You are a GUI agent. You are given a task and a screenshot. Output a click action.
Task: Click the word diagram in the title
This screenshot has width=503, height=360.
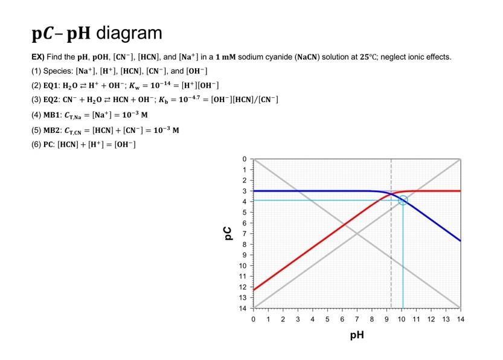pyautogui.click(x=129, y=33)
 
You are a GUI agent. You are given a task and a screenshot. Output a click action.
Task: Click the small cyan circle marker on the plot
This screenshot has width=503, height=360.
pyautogui.click(x=403, y=200)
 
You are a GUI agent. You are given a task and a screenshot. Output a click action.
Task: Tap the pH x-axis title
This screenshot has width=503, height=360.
pyautogui.click(x=357, y=334)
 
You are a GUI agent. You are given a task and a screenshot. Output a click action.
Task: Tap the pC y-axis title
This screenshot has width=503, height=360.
pyautogui.click(x=227, y=233)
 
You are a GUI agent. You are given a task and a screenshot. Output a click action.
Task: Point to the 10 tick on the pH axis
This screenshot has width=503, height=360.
pyautogui.click(x=402, y=318)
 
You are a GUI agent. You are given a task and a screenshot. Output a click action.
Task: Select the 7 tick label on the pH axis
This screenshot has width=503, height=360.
pyautogui.click(x=357, y=318)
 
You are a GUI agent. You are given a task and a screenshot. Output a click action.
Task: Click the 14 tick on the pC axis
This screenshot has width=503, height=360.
pyautogui.click(x=244, y=308)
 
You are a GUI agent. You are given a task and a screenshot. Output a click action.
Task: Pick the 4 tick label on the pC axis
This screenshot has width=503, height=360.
pyautogui.click(x=244, y=202)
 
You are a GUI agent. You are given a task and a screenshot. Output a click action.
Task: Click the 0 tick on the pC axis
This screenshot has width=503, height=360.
pyautogui.click(x=244, y=159)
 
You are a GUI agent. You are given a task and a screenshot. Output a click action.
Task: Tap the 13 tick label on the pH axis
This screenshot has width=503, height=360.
pyautogui.click(x=446, y=318)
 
